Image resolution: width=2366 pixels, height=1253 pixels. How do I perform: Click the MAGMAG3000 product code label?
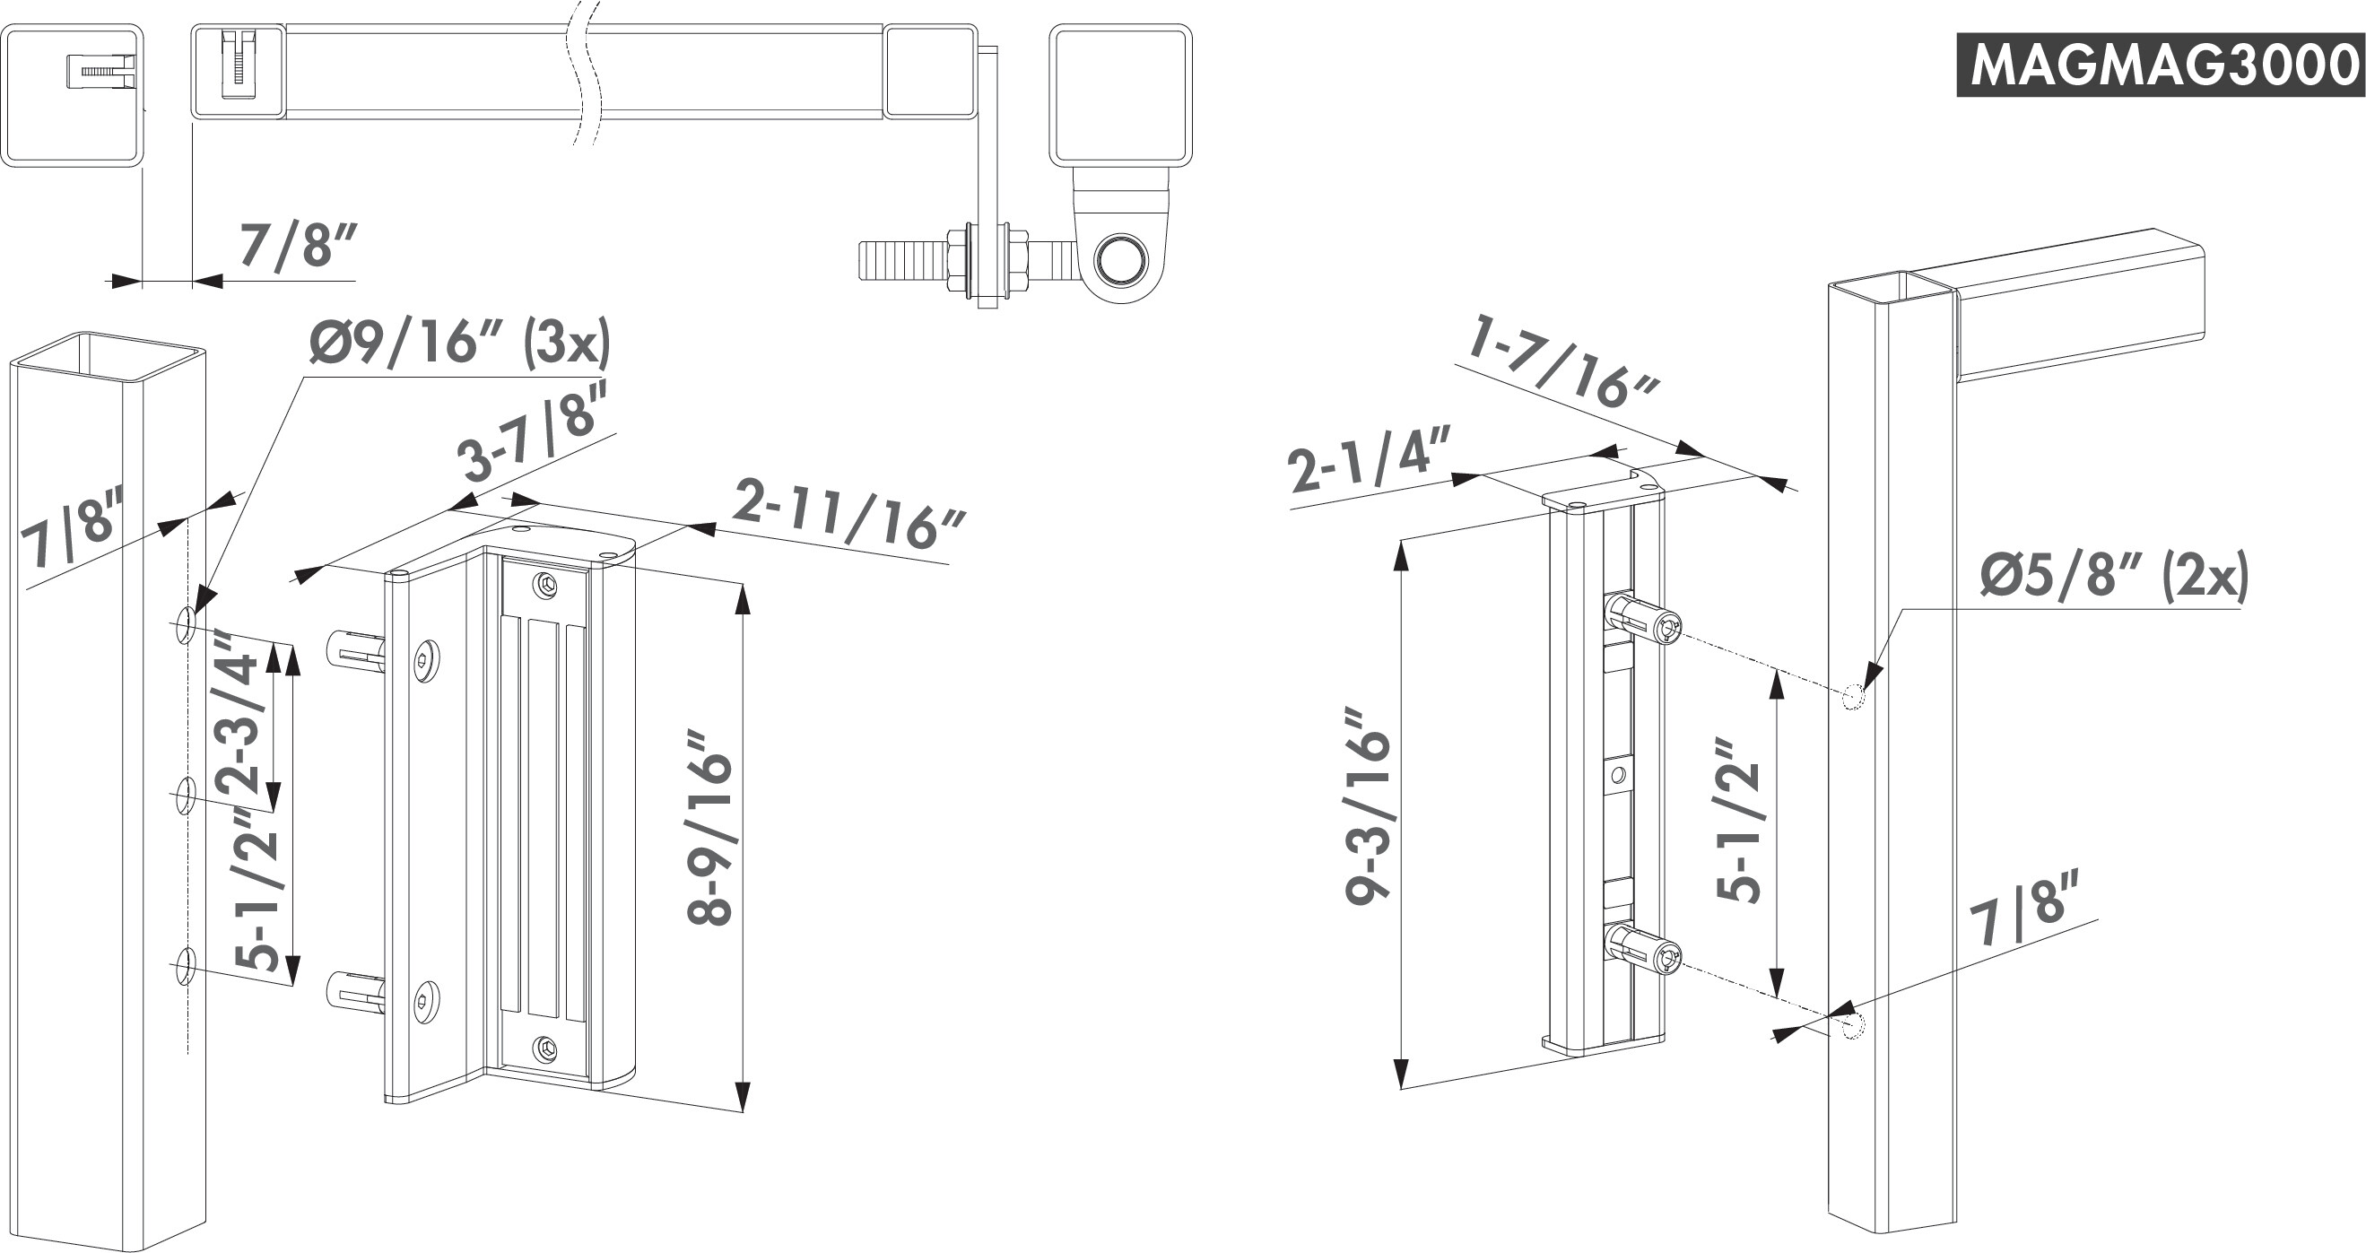coord(2160,65)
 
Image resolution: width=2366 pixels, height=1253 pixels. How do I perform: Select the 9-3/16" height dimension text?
coord(1368,805)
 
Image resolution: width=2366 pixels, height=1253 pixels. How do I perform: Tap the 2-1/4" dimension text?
coord(1370,466)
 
